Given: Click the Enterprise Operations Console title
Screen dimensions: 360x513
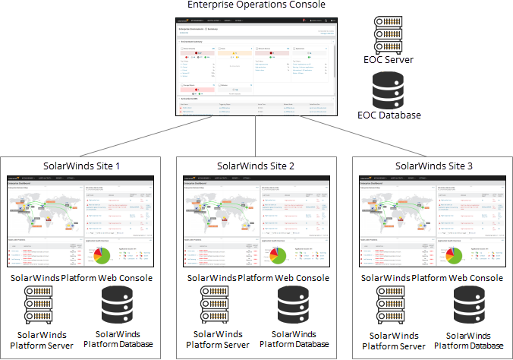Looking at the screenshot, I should (256, 5).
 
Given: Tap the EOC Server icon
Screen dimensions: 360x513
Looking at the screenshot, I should (388, 33).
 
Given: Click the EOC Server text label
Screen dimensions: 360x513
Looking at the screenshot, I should (388, 59).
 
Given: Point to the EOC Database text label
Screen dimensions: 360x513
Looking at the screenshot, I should (388, 116).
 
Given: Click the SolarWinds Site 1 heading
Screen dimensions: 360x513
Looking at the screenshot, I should (83, 166).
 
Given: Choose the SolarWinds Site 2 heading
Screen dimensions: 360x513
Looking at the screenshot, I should (256, 166).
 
